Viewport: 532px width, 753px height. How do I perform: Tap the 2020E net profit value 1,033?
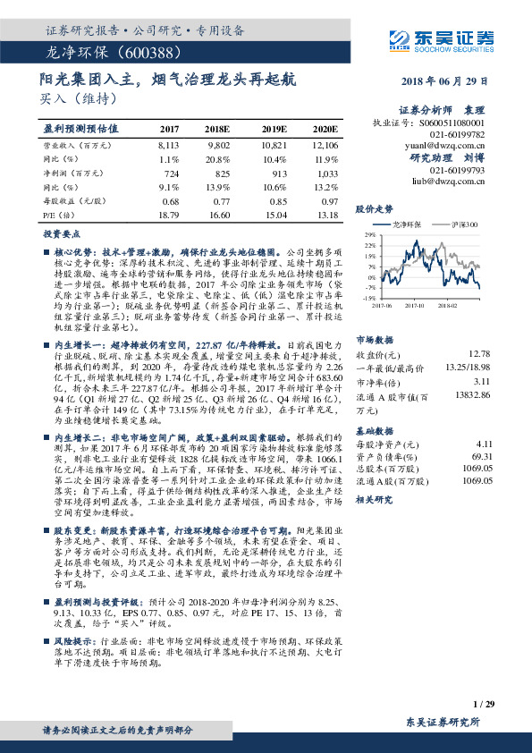[326, 172]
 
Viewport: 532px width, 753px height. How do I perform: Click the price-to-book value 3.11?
[484, 356]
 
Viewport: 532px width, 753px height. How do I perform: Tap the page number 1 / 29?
[483, 705]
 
